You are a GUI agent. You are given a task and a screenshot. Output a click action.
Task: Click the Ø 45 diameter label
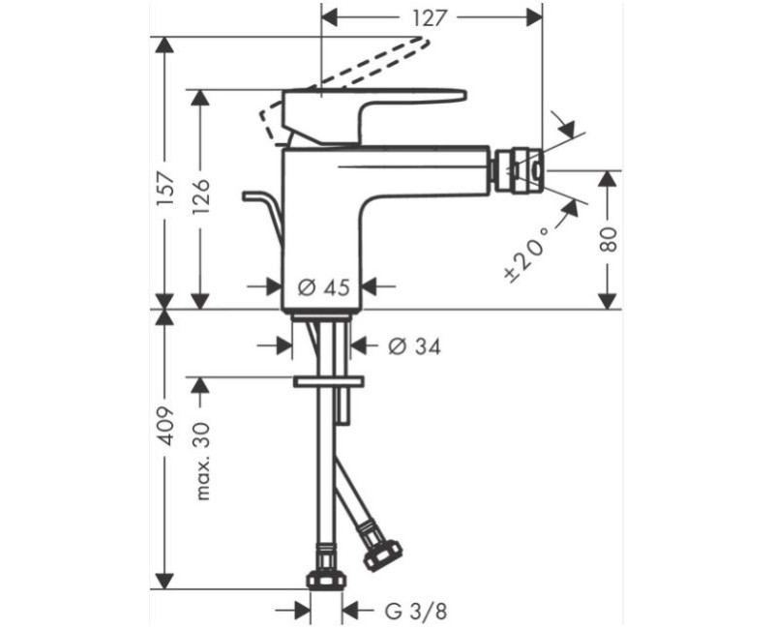pos(322,286)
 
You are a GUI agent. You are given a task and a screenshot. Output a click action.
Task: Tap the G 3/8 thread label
pos(414,611)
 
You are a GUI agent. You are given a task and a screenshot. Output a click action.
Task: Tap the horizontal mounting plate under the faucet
pos(327,383)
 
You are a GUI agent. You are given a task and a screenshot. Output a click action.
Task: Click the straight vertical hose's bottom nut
pos(326,579)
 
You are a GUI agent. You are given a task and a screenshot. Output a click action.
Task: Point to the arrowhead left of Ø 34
pos(282,345)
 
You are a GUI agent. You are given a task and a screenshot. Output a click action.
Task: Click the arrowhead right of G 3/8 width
pos(352,611)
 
